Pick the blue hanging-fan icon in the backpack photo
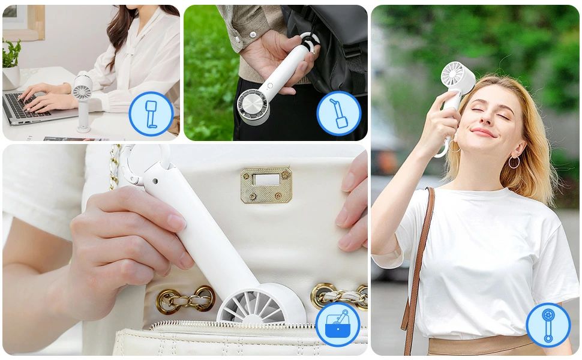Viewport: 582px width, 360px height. point(338,113)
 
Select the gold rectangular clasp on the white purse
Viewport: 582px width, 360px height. point(266,184)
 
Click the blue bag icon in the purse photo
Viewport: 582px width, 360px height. point(338,324)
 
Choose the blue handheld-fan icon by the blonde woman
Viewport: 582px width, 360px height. point(548,325)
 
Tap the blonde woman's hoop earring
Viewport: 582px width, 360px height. point(514,162)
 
